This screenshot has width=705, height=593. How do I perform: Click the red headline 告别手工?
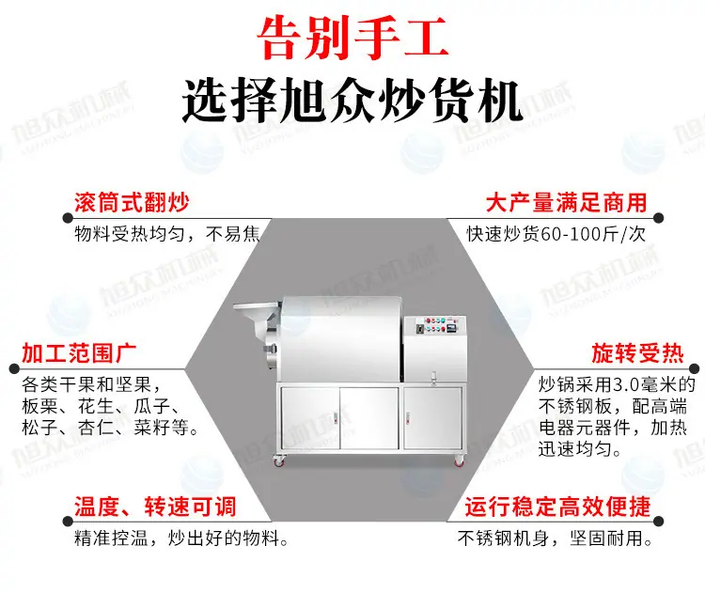click(352, 38)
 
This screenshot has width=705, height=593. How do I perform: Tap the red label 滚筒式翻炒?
click(132, 202)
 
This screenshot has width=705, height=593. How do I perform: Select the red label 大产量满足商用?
click(566, 202)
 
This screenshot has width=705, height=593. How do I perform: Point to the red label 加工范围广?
click(79, 353)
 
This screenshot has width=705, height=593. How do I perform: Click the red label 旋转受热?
click(637, 353)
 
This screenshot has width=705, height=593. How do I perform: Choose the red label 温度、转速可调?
click(155, 507)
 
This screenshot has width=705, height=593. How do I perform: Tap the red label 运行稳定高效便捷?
click(557, 507)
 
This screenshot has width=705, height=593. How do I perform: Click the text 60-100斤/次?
click(593, 234)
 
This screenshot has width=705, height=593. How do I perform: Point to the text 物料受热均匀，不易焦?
click(167, 234)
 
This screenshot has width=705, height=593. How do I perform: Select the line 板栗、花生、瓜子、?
click(101, 406)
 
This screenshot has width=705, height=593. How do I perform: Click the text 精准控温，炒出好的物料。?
click(181, 538)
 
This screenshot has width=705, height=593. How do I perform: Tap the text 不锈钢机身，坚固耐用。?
click(555, 538)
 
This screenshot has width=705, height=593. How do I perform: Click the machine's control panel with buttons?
click(435, 325)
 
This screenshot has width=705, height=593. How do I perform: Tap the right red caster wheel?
click(458, 460)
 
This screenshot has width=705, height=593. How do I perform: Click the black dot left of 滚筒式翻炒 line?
click(68, 218)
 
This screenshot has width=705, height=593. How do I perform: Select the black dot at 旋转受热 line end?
click(695, 369)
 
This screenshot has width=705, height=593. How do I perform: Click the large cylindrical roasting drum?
click(342, 339)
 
